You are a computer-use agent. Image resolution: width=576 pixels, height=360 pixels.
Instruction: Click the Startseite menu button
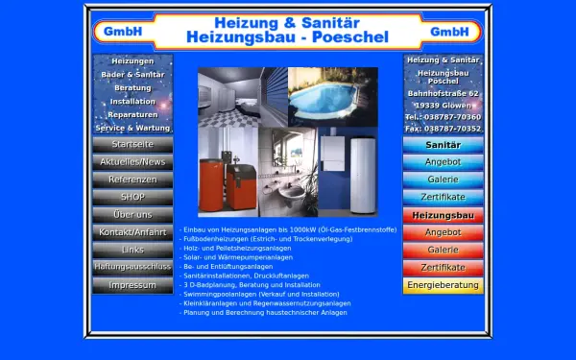click(132, 144)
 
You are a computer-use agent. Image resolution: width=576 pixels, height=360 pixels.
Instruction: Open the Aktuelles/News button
click(132, 161)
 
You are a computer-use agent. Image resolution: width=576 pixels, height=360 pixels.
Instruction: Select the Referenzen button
click(132, 180)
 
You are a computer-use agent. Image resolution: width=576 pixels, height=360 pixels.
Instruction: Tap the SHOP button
click(132, 197)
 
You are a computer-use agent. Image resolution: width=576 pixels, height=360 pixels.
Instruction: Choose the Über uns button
click(132, 214)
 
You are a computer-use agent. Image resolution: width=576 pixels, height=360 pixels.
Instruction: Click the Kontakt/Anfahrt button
click(132, 232)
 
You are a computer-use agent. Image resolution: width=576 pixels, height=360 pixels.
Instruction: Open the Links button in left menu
click(132, 250)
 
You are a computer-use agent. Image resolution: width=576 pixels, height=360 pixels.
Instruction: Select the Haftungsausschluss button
click(132, 267)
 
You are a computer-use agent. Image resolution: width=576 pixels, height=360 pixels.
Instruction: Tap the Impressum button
click(132, 285)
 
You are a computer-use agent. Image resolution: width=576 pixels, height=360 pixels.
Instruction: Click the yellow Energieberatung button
click(443, 285)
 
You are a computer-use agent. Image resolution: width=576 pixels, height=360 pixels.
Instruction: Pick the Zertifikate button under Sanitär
click(443, 197)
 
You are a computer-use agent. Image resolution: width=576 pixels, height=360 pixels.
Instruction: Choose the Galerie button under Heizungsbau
click(443, 250)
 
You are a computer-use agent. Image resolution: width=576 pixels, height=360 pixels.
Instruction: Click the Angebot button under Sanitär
click(443, 162)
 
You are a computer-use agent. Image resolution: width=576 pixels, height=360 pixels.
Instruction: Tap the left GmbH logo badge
click(125, 31)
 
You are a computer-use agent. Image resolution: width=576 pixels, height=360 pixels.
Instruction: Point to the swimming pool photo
click(331, 96)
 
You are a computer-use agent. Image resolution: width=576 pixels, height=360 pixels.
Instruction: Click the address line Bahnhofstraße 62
click(443, 93)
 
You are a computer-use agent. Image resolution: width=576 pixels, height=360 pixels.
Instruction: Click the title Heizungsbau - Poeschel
click(286, 36)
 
